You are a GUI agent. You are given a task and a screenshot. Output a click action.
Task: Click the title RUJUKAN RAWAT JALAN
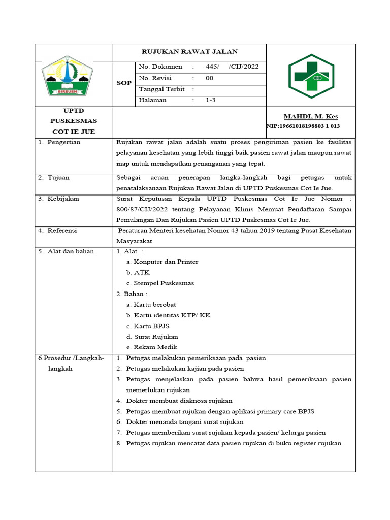189,52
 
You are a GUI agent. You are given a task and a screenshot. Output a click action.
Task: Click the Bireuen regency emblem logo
67,76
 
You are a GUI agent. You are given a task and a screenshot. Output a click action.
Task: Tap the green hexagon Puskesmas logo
311,76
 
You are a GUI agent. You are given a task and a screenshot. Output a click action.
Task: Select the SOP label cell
124,83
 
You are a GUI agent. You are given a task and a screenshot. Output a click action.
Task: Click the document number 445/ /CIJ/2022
232,67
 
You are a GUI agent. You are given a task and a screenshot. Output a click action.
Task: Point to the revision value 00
209,78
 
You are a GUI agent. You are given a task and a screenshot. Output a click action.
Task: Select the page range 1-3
210,101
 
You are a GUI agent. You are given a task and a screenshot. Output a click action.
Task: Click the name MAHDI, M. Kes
311,117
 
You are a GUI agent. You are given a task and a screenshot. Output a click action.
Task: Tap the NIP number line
303,126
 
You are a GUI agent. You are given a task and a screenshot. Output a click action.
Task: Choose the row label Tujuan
58,178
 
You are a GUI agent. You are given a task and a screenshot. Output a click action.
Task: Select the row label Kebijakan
63,199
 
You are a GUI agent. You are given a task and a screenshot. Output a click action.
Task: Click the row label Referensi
62,231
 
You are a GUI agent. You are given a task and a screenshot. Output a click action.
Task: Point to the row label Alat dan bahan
70,251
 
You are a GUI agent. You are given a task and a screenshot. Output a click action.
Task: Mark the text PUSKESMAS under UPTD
74,121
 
